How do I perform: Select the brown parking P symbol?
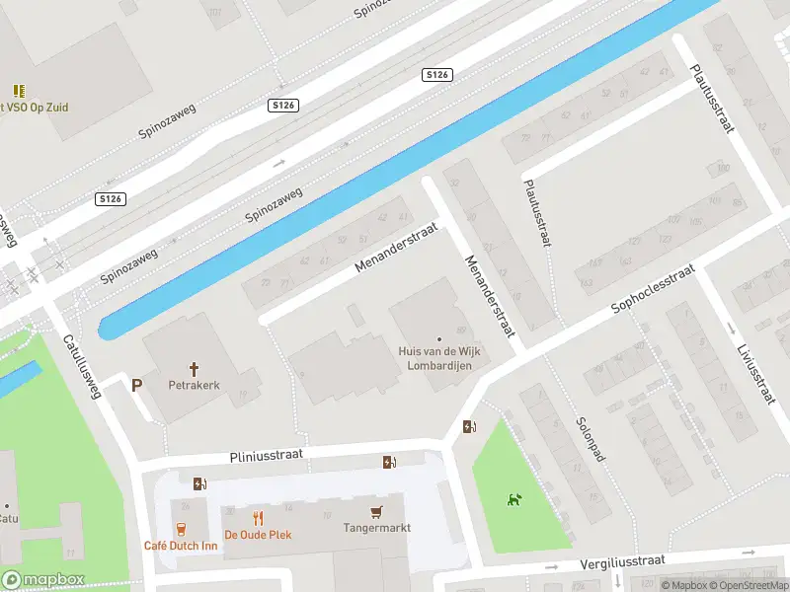click(x=136, y=385)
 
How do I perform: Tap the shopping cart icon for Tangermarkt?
click(x=375, y=512)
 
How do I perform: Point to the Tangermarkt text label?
click(x=376, y=528)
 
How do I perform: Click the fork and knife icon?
click(x=258, y=518)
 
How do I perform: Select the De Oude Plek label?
click(x=258, y=535)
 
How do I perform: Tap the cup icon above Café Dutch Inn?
click(x=181, y=530)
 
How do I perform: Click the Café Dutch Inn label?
click(x=181, y=547)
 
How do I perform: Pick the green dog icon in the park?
click(x=513, y=500)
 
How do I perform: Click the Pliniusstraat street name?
click(x=265, y=455)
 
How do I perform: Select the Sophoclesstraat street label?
click(x=653, y=289)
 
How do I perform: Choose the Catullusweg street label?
click(x=84, y=364)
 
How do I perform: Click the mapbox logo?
click(x=42, y=580)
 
